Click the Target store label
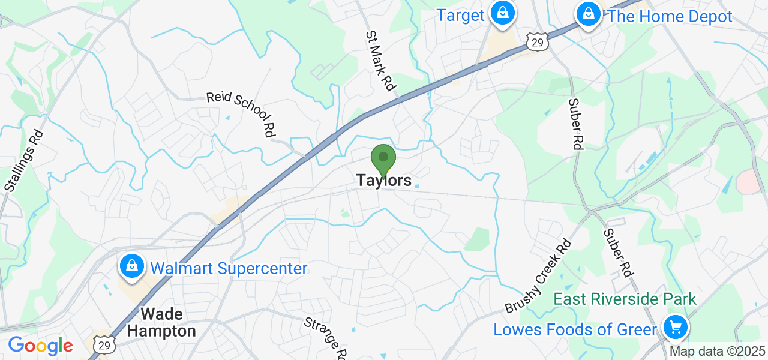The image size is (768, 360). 460,16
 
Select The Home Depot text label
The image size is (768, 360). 670,17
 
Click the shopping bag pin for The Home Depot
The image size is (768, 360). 589,13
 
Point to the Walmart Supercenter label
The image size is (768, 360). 229,268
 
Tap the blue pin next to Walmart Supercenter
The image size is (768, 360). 130,266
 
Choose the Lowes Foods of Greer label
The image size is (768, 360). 575,329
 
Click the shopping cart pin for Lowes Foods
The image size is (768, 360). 676,328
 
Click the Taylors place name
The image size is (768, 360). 384,180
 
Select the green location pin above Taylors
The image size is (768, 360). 383,159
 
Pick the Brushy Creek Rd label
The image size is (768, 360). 539,275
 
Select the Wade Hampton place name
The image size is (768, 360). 161,322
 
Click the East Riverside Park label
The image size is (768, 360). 625,299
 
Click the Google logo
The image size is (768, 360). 40,346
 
